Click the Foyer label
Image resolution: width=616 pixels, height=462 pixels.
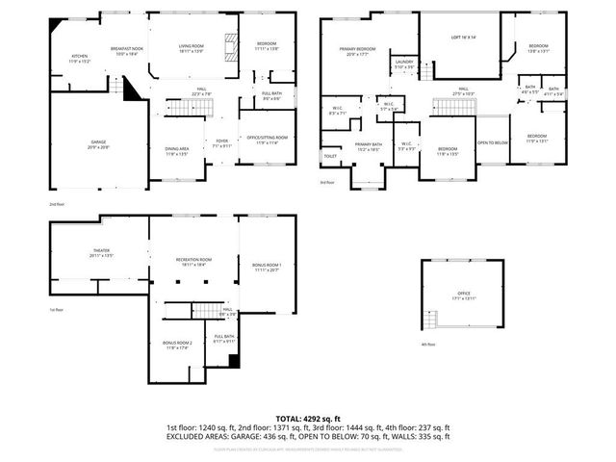point(220,142)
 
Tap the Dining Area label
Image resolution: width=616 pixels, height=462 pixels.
point(177,150)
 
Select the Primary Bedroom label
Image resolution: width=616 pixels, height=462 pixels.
point(356,51)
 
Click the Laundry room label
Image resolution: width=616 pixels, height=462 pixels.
point(404,64)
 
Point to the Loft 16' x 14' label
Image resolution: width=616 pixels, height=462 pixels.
point(464,37)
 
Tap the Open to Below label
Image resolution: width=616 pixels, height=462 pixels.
point(492,143)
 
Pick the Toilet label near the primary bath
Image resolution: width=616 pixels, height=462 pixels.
point(330,156)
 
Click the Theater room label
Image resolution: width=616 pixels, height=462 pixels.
point(101,253)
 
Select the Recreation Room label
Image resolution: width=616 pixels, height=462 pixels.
point(193,261)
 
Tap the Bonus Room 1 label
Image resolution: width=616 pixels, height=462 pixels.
point(266,266)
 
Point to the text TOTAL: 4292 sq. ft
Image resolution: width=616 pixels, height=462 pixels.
point(308,419)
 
